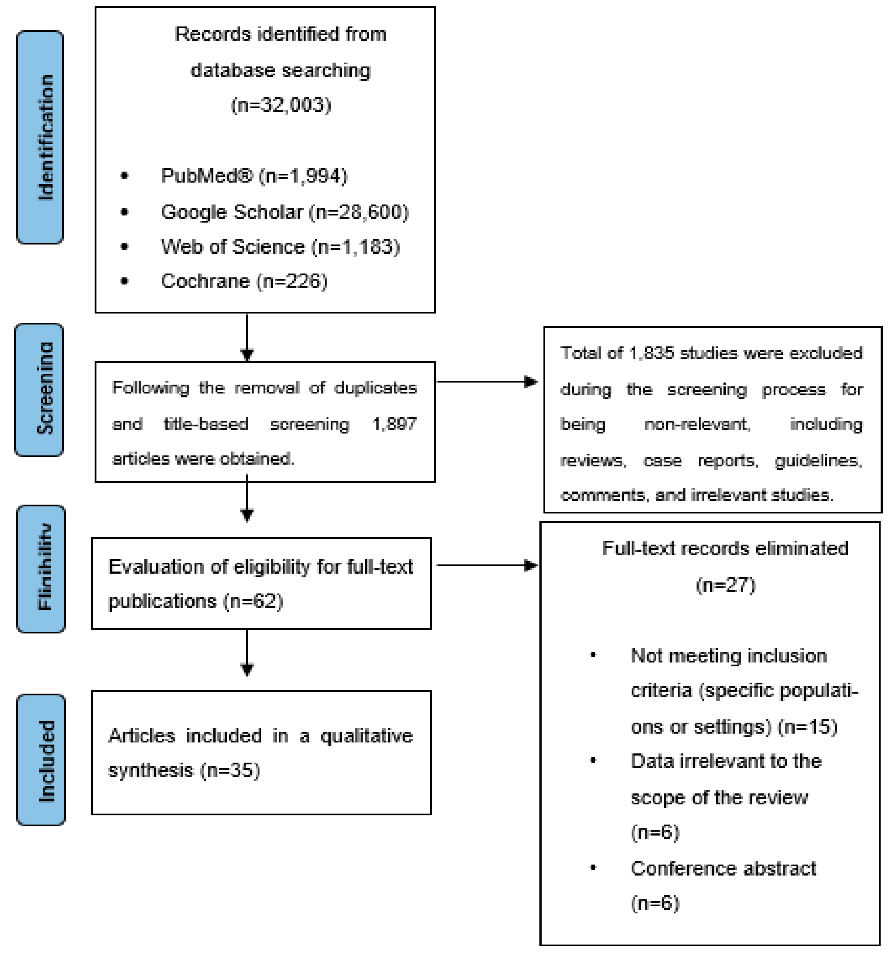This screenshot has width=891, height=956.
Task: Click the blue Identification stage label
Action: click(x=40, y=137)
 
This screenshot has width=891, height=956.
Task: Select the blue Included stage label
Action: click(x=41, y=760)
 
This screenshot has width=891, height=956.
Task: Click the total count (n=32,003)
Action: click(x=281, y=105)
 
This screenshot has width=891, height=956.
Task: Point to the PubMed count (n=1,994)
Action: click(x=303, y=176)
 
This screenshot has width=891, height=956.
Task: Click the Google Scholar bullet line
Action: click(x=285, y=212)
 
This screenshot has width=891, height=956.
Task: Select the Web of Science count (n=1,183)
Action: click(x=355, y=247)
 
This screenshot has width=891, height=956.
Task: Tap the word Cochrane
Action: click(x=205, y=282)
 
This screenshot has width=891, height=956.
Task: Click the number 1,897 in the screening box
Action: click(x=394, y=424)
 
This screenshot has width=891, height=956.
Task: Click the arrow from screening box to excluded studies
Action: click(x=487, y=382)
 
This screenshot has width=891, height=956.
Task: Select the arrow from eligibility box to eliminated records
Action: click(x=487, y=566)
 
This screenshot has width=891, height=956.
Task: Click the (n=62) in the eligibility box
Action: click(x=253, y=601)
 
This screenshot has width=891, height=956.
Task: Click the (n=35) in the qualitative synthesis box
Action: click(x=230, y=770)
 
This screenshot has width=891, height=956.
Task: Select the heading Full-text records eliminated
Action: click(x=725, y=549)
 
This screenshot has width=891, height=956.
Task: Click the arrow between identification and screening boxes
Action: click(x=247, y=336)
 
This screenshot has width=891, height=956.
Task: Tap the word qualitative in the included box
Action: click(x=366, y=736)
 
